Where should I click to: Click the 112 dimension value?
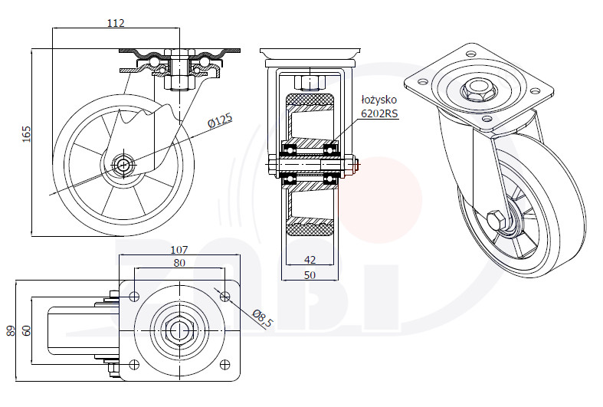[x=116, y=23]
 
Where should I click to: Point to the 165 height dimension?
[x=26, y=133]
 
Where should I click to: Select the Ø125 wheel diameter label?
[x=220, y=121]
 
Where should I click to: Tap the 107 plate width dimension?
[x=179, y=250]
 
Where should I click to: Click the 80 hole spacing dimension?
[x=179, y=263]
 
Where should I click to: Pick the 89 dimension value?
[x=11, y=330]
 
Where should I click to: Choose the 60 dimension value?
[x=26, y=330]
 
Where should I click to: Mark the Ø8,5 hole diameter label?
[x=262, y=319]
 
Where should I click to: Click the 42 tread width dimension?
[x=310, y=260]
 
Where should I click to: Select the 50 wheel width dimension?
[x=310, y=275]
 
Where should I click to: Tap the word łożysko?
[x=379, y=100]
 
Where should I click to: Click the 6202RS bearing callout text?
[x=379, y=113]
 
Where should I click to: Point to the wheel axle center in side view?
[x=123, y=166]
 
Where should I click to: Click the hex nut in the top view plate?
[x=179, y=330]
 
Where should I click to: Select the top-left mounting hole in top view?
[x=134, y=296]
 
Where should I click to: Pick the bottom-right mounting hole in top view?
[x=224, y=364]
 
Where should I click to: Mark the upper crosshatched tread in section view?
[x=310, y=100]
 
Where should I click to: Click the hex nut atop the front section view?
[x=310, y=82]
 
